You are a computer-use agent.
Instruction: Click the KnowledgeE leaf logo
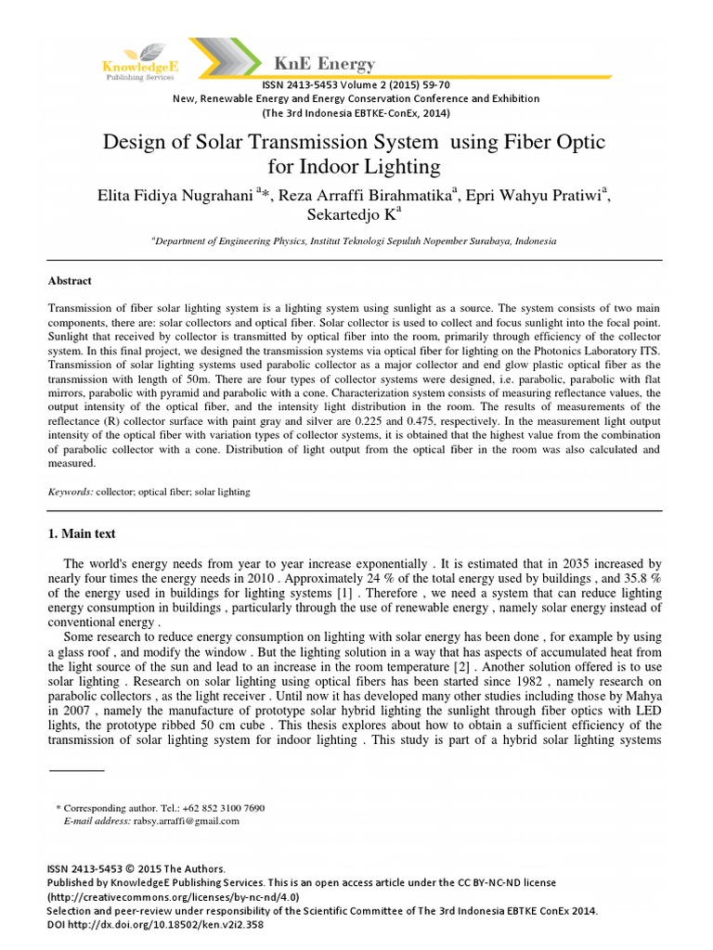click(136, 51)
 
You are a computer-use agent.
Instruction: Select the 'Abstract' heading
click(70, 280)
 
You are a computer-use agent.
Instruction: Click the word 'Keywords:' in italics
click(71, 492)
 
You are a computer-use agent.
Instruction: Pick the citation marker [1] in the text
click(344, 592)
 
